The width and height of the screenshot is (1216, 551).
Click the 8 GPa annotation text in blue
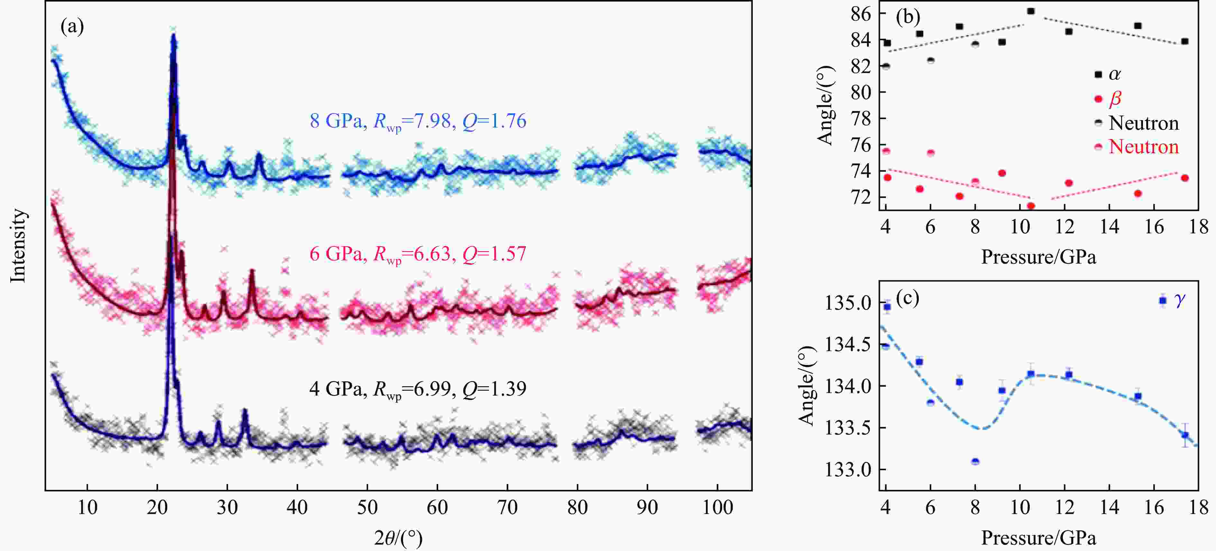click(418, 121)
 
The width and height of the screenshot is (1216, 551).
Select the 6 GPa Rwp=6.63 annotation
click(418, 255)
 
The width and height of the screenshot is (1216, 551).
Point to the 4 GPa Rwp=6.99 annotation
click(418, 389)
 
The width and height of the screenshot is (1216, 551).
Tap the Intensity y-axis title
click(18, 246)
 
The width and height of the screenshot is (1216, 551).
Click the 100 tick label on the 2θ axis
click(717, 508)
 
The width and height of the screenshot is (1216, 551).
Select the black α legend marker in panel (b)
click(1098, 74)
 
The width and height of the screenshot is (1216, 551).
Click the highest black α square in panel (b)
click(1031, 11)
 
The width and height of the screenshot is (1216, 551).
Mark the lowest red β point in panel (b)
click(1031, 206)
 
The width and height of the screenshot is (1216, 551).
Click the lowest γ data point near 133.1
click(975, 461)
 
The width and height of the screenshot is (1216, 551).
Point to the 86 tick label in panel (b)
click(861, 14)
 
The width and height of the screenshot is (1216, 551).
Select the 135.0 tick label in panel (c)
click(848, 303)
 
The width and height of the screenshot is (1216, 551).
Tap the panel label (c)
click(907, 298)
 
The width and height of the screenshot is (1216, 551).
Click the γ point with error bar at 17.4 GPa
click(1185, 435)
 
